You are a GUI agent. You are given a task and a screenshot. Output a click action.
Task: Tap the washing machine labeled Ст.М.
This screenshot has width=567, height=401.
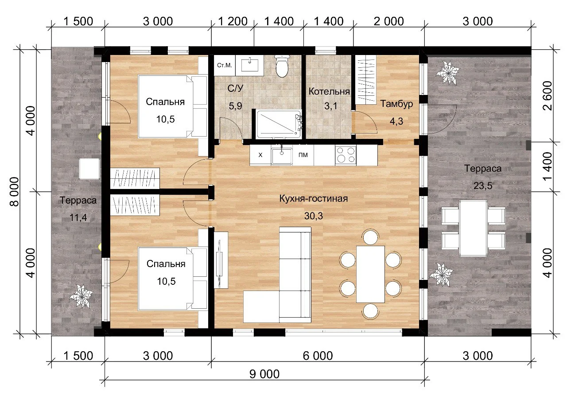pyautogui.click(x=225, y=65)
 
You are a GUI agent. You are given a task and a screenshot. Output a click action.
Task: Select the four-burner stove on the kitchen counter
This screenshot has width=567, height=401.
pyautogui.click(x=346, y=155)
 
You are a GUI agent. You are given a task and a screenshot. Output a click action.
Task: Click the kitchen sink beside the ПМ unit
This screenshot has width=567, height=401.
pyautogui.click(x=282, y=156)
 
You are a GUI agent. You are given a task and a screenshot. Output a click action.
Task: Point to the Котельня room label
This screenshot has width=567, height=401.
pyautogui.click(x=329, y=91)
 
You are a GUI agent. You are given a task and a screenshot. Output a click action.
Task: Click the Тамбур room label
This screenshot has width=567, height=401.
pyautogui.click(x=396, y=104)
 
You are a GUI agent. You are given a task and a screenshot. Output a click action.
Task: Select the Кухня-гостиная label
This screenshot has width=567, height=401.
pyautogui.click(x=313, y=198)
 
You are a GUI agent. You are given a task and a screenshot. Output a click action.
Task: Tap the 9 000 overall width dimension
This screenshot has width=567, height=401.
pyautogui.click(x=264, y=374)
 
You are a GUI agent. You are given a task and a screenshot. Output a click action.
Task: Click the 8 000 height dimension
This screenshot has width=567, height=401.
pyautogui.click(x=15, y=192)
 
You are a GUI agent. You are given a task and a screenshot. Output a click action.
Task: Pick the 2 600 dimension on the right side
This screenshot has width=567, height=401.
pyautogui.click(x=548, y=95)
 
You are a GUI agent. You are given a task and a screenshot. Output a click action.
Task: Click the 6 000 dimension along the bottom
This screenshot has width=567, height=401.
pyautogui.click(x=318, y=356)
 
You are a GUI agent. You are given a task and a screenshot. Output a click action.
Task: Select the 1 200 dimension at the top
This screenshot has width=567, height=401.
pyautogui.click(x=233, y=21)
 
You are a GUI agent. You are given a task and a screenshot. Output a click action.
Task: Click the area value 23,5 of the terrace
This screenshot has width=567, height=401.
pyautogui.click(x=483, y=186)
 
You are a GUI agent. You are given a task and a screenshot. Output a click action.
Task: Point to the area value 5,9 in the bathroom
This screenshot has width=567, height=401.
pyautogui.click(x=235, y=106)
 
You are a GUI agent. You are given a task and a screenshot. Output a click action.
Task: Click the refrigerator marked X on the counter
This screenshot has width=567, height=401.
pyautogui.click(x=260, y=155)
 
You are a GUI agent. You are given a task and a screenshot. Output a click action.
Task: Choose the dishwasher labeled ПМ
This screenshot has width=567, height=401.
pyautogui.click(x=303, y=155)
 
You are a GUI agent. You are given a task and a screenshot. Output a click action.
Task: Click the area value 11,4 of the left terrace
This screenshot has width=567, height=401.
pyautogui.click(x=78, y=217)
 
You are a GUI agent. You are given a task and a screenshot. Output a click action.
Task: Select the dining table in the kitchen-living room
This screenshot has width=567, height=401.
pyautogui.click(x=371, y=274)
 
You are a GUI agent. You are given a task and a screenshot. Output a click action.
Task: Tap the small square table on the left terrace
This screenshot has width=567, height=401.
pyautogui.click(x=89, y=169)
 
